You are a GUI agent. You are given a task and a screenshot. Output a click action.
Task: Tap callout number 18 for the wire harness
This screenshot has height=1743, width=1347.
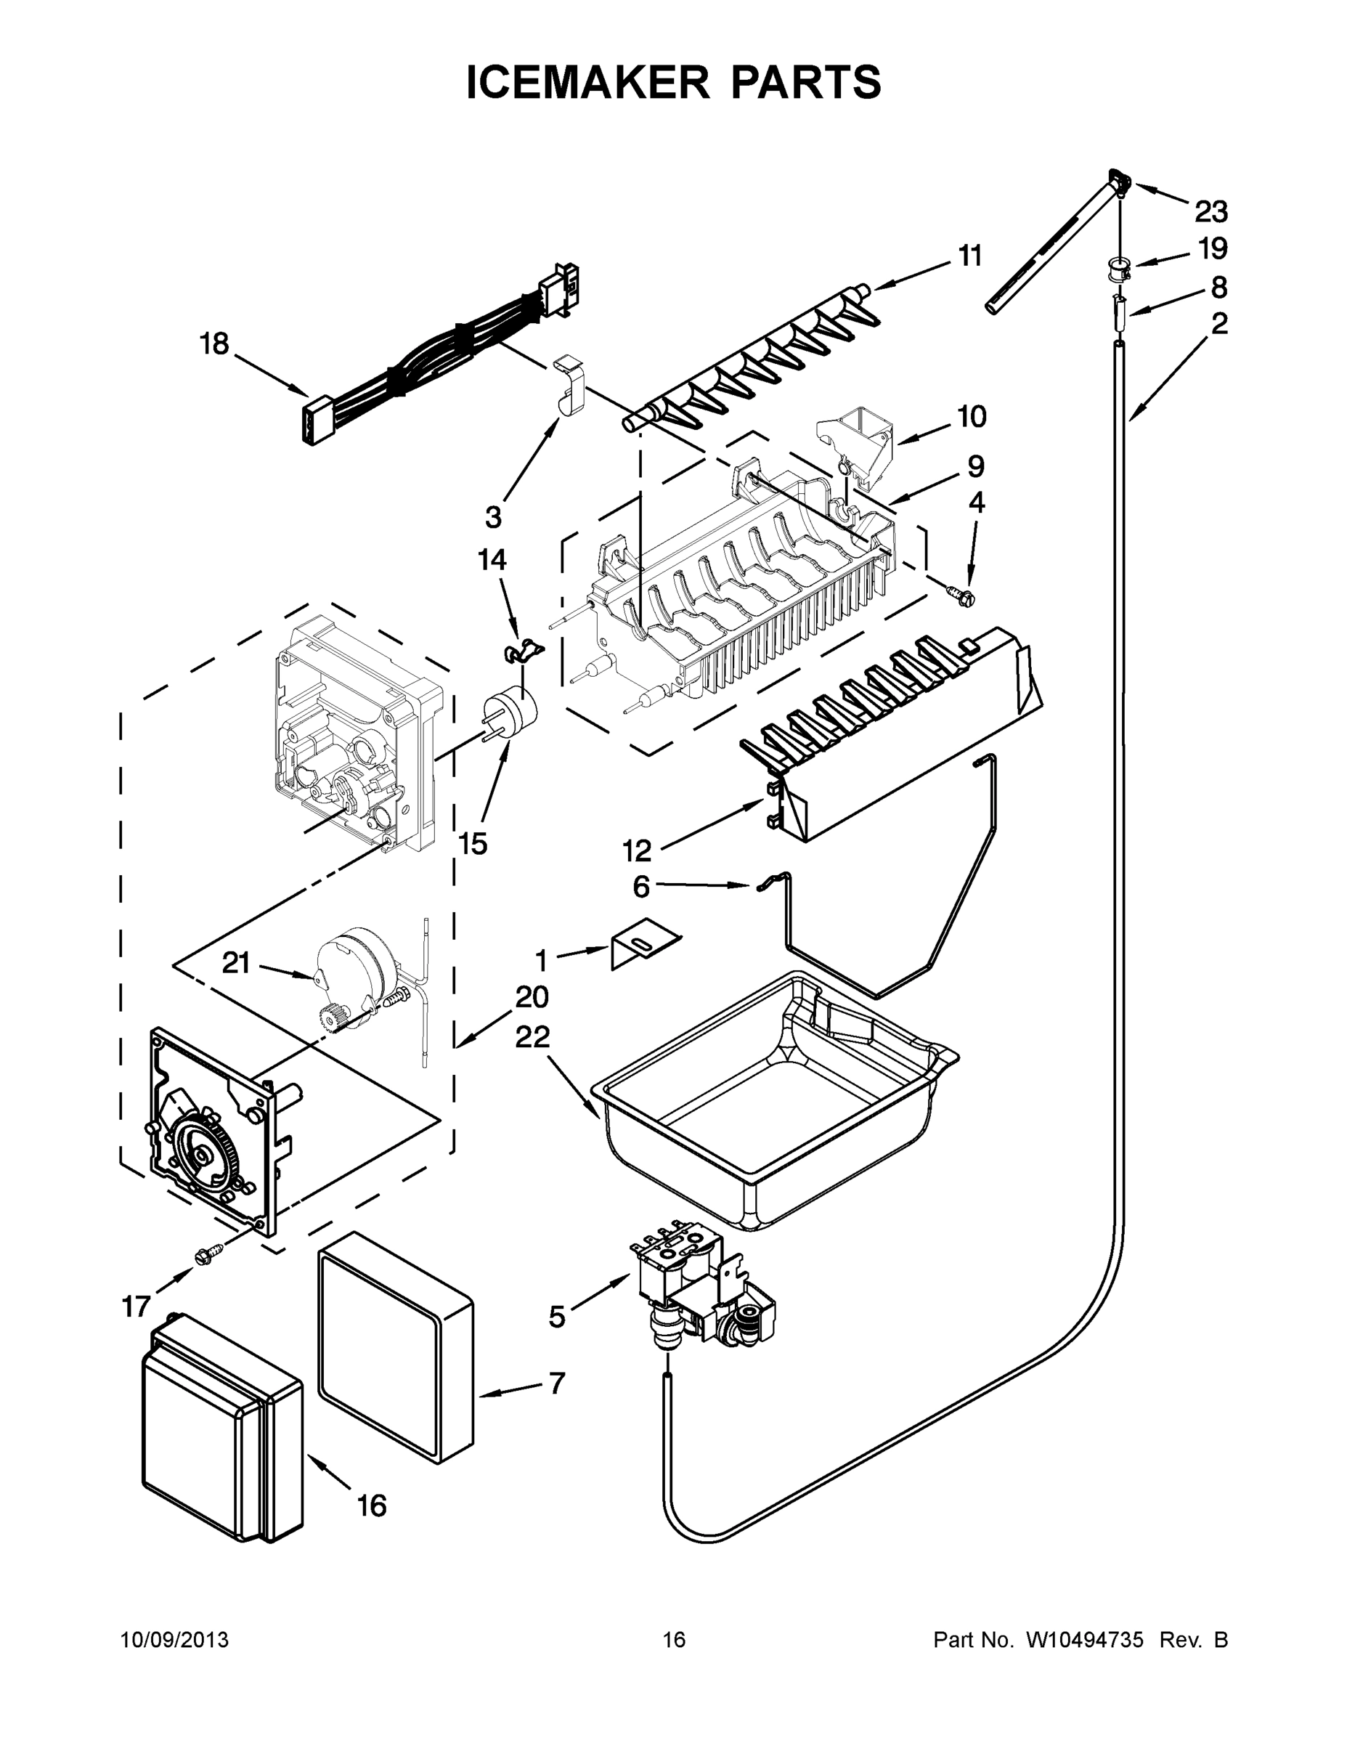click(x=214, y=345)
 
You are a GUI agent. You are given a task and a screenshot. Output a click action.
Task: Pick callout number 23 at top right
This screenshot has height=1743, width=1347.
click(x=1210, y=212)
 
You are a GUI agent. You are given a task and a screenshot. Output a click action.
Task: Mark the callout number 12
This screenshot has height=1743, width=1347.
click(x=637, y=852)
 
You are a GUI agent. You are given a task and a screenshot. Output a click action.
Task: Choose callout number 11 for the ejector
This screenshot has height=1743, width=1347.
click(x=969, y=256)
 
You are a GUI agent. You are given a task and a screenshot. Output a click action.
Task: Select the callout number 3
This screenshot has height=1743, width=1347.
click(x=493, y=518)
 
